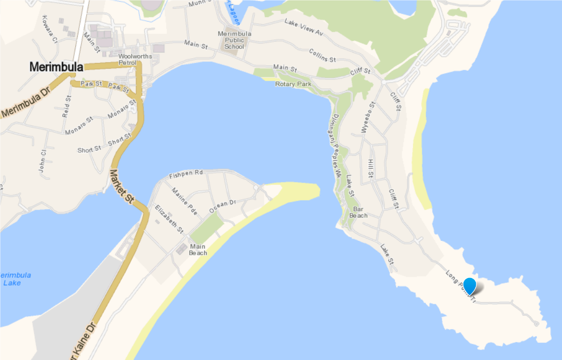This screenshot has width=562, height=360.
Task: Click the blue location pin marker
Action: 470,286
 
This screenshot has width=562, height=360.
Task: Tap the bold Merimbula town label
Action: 56,67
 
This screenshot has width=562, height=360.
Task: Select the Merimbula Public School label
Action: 234,40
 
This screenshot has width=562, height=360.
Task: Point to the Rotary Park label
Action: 293,84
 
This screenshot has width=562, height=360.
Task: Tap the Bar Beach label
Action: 358,212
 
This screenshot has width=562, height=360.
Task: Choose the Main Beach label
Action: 198,250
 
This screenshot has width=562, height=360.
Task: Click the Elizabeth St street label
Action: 169,219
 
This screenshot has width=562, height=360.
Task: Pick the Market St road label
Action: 122,185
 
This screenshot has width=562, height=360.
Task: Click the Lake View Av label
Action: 304,27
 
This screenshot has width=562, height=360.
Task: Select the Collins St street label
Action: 322,56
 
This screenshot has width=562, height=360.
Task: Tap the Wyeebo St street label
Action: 367,118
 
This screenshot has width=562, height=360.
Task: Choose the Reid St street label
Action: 66,106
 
